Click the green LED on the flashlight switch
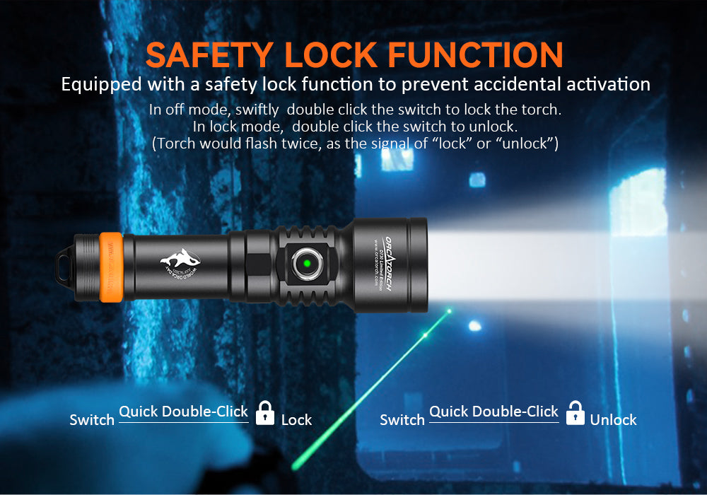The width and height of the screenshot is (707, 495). (x=308, y=264)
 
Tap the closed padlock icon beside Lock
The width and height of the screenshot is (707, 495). (x=265, y=413)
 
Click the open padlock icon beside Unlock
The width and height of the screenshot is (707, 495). (x=575, y=413)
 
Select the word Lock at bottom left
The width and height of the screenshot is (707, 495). (x=296, y=420)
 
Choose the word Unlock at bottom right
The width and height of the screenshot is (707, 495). (x=613, y=420)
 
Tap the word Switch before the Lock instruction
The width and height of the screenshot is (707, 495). (x=92, y=420)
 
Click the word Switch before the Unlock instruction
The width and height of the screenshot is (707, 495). (x=402, y=420)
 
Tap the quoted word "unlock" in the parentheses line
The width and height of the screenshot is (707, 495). (x=531, y=144)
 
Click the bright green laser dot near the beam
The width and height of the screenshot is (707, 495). (x=448, y=310)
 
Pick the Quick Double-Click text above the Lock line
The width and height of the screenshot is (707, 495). (x=184, y=412)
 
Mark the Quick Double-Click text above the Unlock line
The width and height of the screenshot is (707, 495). (x=494, y=412)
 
